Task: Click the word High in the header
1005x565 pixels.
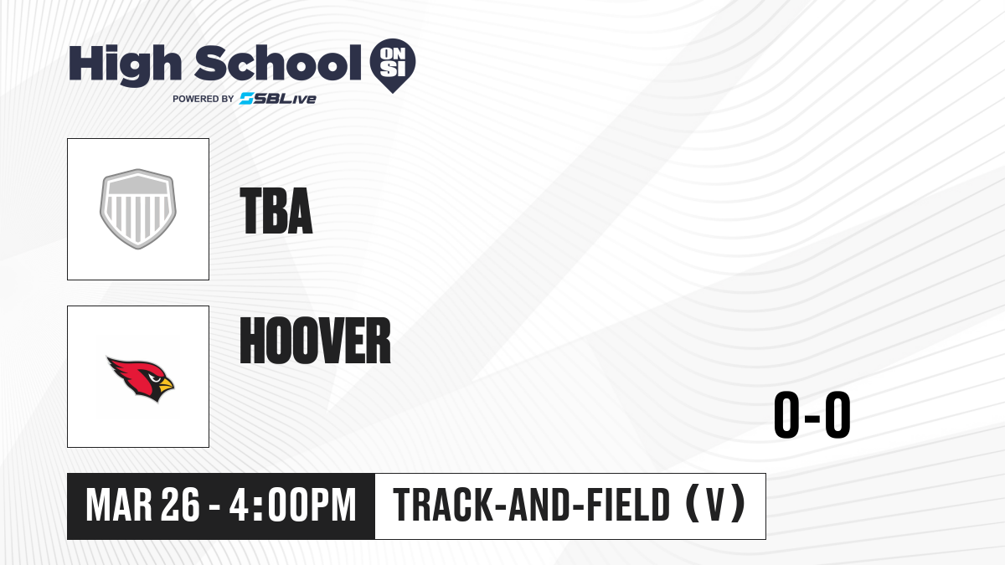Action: (x=125, y=64)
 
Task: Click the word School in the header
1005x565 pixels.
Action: (x=278, y=63)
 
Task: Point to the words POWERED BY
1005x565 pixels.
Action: (x=204, y=99)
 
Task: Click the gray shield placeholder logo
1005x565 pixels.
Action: (x=138, y=209)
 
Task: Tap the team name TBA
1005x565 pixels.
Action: (x=276, y=211)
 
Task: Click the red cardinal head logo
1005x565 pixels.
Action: (x=141, y=379)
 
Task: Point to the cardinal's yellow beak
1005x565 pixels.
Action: (x=166, y=384)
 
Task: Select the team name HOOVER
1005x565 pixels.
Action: (x=316, y=341)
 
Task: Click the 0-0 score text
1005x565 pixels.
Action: (x=812, y=414)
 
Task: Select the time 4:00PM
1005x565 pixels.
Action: (x=292, y=506)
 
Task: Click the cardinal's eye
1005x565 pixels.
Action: (x=155, y=379)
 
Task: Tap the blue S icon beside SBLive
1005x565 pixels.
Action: (x=246, y=99)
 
